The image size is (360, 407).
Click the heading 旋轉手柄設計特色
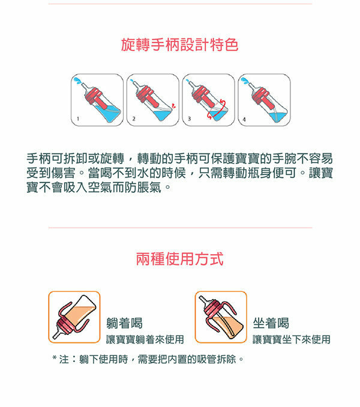coord(179,46)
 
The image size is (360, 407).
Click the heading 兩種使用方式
coord(179,260)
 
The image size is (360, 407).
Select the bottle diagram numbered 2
coord(152,100)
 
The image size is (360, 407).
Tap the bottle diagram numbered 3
coord(208,100)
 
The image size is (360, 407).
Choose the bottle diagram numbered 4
coord(263,100)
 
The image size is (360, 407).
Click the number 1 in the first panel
coord(77,120)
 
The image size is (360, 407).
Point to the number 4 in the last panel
coord(244,120)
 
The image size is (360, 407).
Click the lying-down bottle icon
coord(74,317)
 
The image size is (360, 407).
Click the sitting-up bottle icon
coord(221,317)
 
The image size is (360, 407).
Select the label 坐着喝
coord(271,323)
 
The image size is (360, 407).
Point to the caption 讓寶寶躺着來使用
coord(145,340)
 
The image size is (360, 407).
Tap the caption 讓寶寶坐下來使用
coord(291,340)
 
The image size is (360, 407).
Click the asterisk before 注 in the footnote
coord(55,360)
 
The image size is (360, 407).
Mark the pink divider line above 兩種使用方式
coord(179,228)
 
